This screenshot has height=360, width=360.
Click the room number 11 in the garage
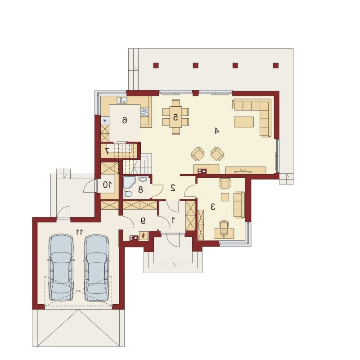pyautogui.click(x=79, y=232)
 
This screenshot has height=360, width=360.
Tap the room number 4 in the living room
pyautogui.click(x=216, y=131)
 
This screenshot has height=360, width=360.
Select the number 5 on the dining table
pyautogui.click(x=175, y=117)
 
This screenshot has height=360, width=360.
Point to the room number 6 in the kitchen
pyautogui.click(x=124, y=120)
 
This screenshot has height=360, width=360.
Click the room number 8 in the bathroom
pyautogui.click(x=140, y=189)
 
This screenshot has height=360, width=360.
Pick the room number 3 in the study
pyautogui.click(x=212, y=207)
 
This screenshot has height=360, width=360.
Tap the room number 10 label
pyautogui.click(x=107, y=184)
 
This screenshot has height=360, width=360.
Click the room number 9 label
pyautogui.click(x=143, y=220)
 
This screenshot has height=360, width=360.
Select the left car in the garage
pyautogui.click(x=61, y=267)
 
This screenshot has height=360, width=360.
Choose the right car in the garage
pyautogui.click(x=97, y=267)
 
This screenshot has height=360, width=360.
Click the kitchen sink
pyautogui.click(x=121, y=100)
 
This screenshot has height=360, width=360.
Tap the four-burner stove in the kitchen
pyautogui.click(x=144, y=112)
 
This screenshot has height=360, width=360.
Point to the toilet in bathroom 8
pyautogui.click(x=127, y=194)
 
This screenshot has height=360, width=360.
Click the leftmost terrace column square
pyautogui.click(x=156, y=65)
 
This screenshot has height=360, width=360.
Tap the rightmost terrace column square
pyautogui.click(x=276, y=65)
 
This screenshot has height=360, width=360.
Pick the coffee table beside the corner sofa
pyautogui.click(x=244, y=122)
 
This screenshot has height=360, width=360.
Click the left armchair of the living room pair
pyautogui.click(x=198, y=154)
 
